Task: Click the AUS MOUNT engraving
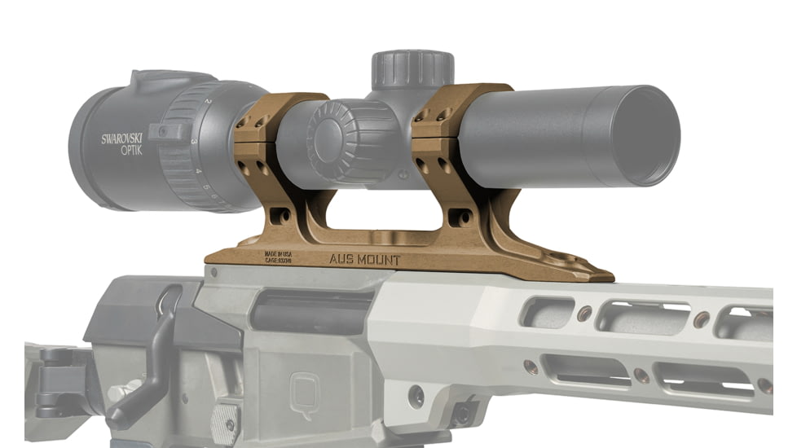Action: point(364,259)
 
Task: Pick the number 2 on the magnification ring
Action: point(209,101)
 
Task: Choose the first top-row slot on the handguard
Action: point(549,312)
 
